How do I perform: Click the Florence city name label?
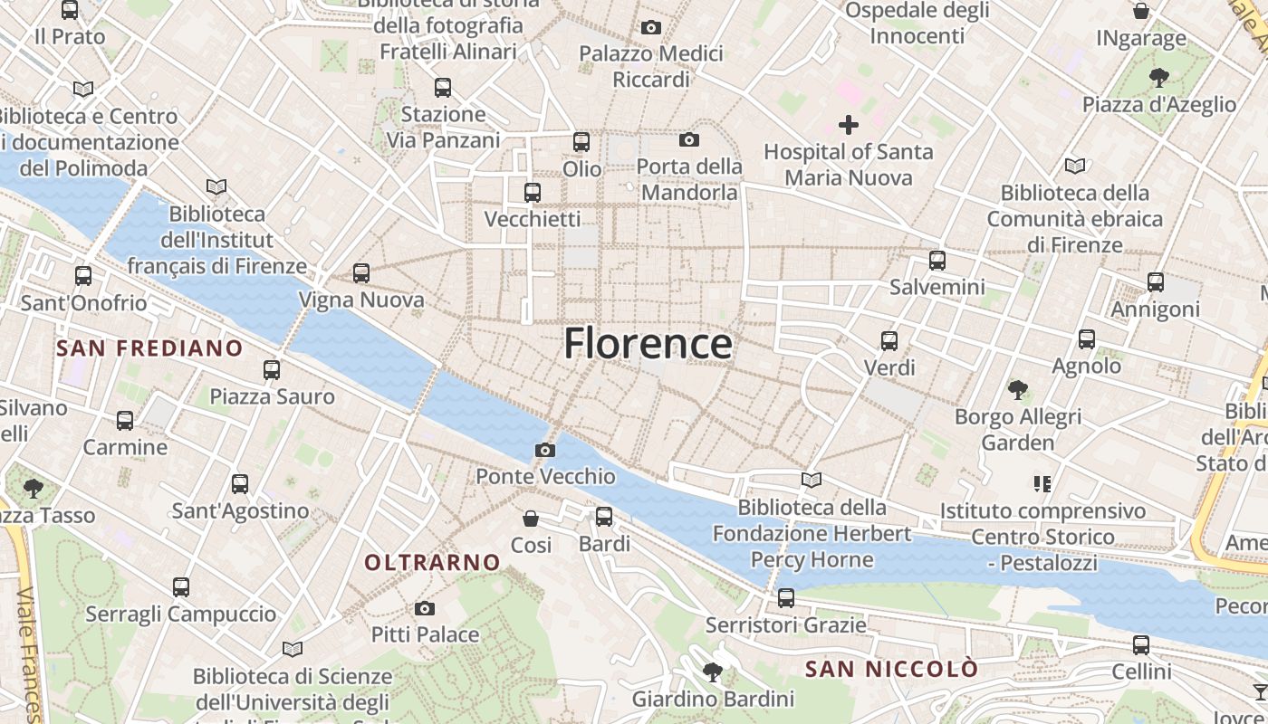(x=648, y=344)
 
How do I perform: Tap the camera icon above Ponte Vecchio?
(x=544, y=450)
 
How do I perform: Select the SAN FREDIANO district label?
(x=149, y=348)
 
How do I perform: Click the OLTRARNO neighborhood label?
(x=432, y=562)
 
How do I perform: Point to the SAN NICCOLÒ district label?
(x=891, y=669)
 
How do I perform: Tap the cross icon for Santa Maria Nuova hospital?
(x=849, y=124)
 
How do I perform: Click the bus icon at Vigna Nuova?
(x=361, y=272)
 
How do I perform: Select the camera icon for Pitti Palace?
(x=425, y=608)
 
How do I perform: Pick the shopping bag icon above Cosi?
(x=531, y=519)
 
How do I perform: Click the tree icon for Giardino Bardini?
(x=713, y=672)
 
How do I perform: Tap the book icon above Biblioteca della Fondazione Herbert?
(x=812, y=481)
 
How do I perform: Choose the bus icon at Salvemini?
(x=937, y=261)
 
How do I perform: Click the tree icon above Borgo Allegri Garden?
(x=1018, y=390)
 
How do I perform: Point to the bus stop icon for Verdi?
(x=889, y=341)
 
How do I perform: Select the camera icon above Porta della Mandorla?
(x=689, y=139)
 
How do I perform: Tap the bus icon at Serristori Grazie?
(x=786, y=598)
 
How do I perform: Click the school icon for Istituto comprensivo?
(x=1042, y=484)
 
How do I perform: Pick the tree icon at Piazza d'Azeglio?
(x=1158, y=78)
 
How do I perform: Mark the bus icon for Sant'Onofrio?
(x=83, y=276)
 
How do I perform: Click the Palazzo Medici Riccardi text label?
(x=651, y=67)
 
